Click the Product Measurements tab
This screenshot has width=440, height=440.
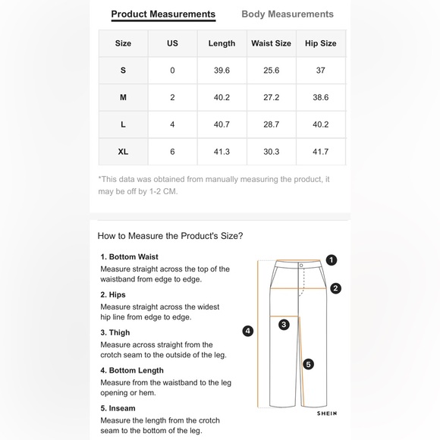(x=163, y=14)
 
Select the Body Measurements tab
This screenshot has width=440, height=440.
(x=288, y=14)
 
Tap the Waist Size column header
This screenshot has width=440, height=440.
(x=271, y=43)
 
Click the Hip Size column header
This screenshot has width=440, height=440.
(x=320, y=43)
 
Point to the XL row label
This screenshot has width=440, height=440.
(x=123, y=152)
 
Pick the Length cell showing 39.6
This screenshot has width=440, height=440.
(x=222, y=70)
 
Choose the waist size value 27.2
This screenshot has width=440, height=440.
(x=271, y=97)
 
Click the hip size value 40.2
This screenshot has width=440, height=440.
(x=320, y=124)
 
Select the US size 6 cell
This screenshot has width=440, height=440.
(x=172, y=152)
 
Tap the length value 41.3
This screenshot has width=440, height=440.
(x=222, y=152)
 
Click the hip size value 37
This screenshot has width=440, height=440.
(x=320, y=70)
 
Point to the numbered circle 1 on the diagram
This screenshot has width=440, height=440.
(x=332, y=260)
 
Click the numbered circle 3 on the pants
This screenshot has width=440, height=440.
(x=284, y=325)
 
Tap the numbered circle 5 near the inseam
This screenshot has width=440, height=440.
(x=309, y=364)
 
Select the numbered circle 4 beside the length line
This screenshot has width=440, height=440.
(x=248, y=331)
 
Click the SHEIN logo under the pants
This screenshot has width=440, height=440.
(x=327, y=413)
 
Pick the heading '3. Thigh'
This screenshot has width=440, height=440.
(x=115, y=332)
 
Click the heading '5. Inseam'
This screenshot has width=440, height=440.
(x=118, y=408)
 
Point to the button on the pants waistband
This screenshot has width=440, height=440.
(x=301, y=266)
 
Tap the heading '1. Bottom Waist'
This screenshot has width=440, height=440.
(x=130, y=256)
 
